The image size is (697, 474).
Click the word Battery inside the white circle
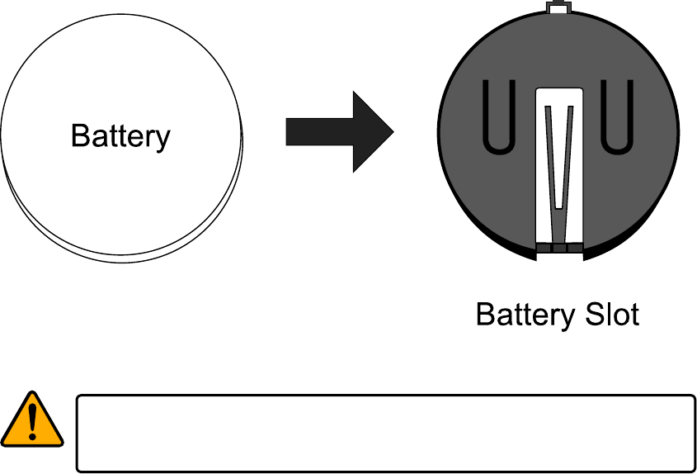pyautogui.click(x=120, y=135)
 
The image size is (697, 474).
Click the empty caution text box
pyautogui.click(x=385, y=433)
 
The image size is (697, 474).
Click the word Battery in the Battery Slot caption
pyautogui.click(x=524, y=315)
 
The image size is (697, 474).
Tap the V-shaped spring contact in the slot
pyautogui.click(x=558, y=157)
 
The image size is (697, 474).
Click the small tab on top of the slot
pyautogui.click(x=558, y=8)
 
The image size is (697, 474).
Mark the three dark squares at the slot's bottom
pyautogui.click(x=558, y=248)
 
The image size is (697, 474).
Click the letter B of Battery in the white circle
pyautogui.click(x=79, y=135)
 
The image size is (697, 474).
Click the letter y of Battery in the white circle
pyautogui.click(x=163, y=139)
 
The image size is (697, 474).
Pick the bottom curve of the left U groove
pyautogui.click(x=498, y=149)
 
